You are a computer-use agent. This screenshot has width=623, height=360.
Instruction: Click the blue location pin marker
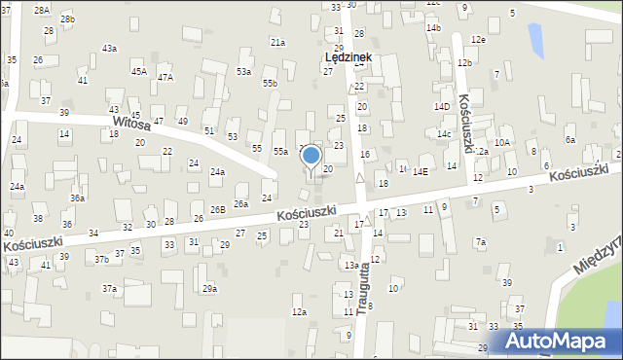[x=311, y=156]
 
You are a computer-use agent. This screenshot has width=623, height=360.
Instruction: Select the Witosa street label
[x=130, y=123]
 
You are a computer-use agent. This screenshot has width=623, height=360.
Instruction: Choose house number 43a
[x=109, y=48]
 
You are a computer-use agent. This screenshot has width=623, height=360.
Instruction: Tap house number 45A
[x=139, y=71]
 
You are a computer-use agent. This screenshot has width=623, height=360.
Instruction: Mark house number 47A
[x=165, y=77]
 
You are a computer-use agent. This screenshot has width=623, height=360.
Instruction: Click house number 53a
[x=243, y=71]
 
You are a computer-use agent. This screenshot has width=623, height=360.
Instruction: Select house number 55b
[x=270, y=84]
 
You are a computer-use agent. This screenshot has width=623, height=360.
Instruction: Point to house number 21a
[x=278, y=43]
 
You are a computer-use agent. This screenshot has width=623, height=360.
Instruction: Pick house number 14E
[x=420, y=171]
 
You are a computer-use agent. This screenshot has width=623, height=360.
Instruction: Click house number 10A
[x=501, y=142]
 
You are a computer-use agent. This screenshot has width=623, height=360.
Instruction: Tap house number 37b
[x=101, y=259]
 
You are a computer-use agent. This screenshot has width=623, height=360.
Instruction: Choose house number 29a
[x=209, y=288]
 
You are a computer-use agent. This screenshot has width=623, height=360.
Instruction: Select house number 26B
[x=217, y=209]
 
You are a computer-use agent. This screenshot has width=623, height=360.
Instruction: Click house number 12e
[x=477, y=39]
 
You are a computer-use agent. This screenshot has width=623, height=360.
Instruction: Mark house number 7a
[x=480, y=241]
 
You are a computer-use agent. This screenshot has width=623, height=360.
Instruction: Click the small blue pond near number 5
[x=534, y=40]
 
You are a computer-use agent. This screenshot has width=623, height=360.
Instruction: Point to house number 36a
[x=77, y=198]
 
